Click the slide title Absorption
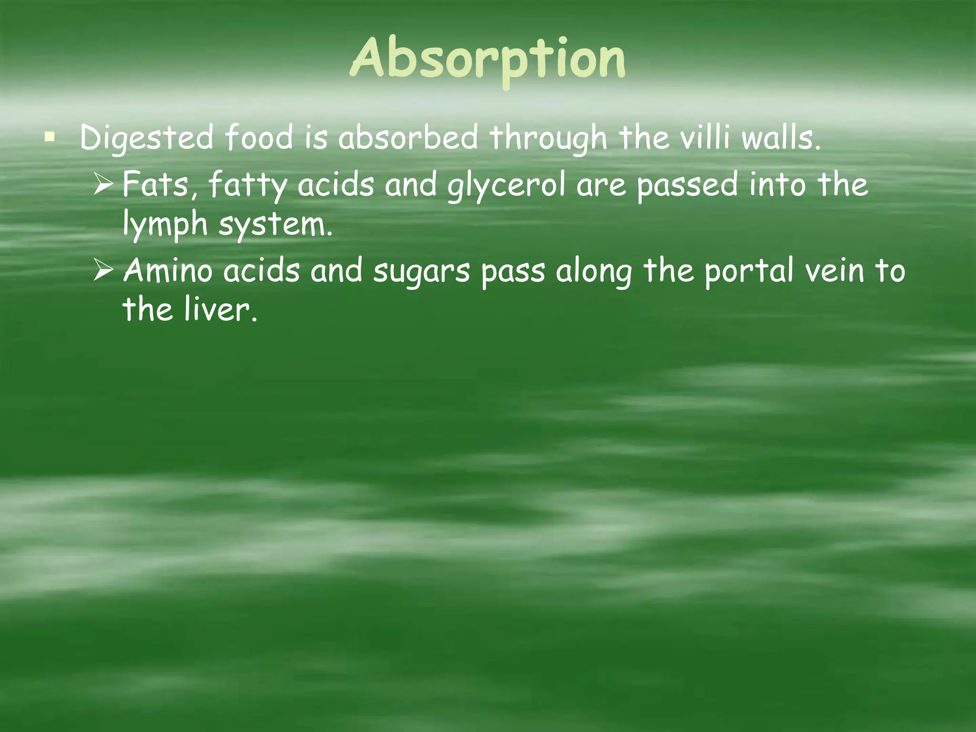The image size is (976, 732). point(488,60)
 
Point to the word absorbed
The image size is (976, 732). point(407,138)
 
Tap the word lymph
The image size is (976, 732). point(165,224)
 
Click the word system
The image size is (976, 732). point(275,224)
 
